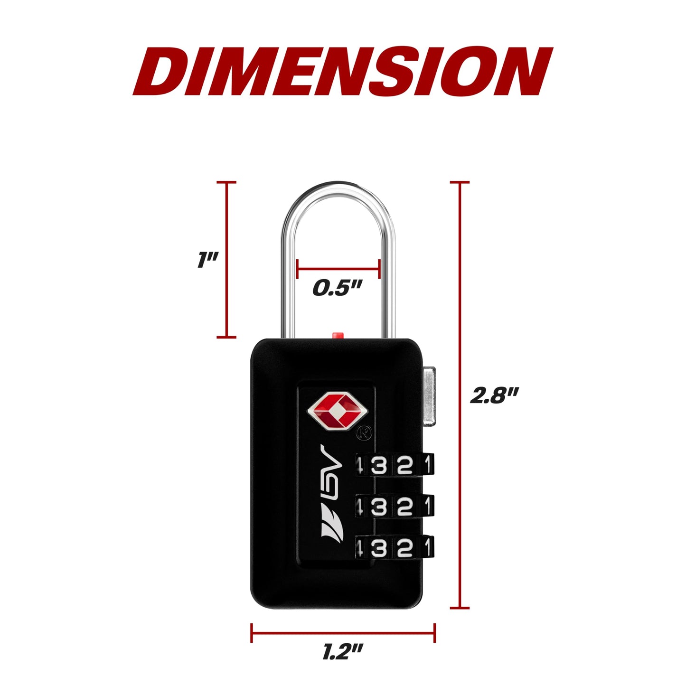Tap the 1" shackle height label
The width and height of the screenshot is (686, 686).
(x=207, y=260)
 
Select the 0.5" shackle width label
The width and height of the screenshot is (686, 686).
(x=337, y=288)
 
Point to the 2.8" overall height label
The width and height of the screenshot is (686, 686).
(x=494, y=395)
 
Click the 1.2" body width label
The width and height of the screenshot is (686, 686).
(x=342, y=652)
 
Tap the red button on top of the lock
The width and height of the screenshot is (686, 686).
(x=337, y=335)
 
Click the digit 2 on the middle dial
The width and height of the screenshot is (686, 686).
(x=404, y=507)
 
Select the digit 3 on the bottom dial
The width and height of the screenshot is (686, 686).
(x=379, y=548)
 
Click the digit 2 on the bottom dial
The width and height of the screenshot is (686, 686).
(x=404, y=548)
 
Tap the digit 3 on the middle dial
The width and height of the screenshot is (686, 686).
(x=379, y=507)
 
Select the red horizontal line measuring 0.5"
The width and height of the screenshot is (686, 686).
(x=338, y=269)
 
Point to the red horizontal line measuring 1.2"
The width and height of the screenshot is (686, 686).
(x=343, y=633)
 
